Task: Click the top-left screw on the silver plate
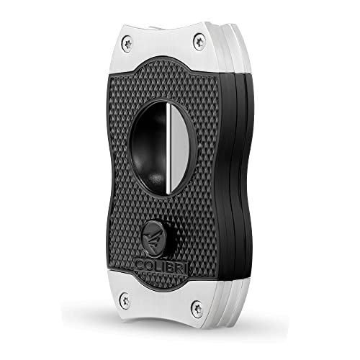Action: pos(127,44)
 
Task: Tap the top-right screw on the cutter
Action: pos(199,42)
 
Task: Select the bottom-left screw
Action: pos(125,300)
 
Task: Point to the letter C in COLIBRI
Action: pos(140,265)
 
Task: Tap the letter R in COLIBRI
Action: pos(181,267)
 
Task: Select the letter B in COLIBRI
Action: pos(172,266)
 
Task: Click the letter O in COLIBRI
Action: pos(149,266)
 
